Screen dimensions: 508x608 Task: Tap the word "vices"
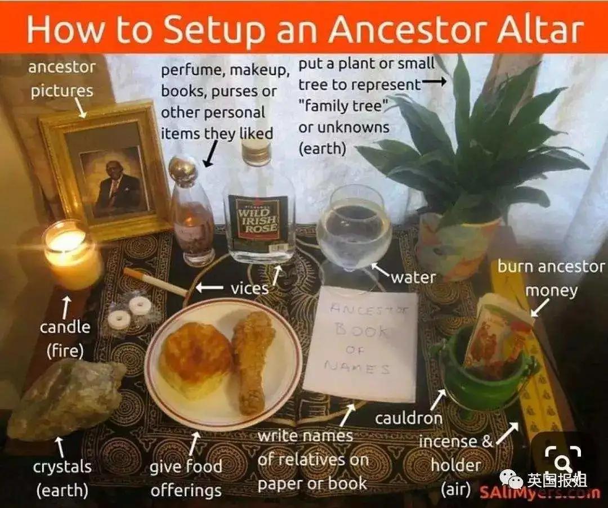249,289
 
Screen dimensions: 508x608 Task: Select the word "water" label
413,277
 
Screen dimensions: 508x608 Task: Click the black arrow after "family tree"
434,82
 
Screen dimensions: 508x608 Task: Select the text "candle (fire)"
65,339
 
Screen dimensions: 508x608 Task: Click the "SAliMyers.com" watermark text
539,492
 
